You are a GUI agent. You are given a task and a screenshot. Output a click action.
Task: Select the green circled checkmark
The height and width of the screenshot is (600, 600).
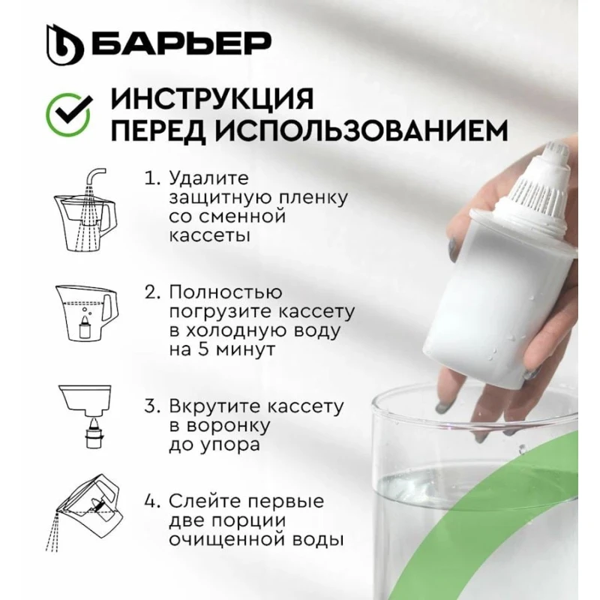pos(68,115)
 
